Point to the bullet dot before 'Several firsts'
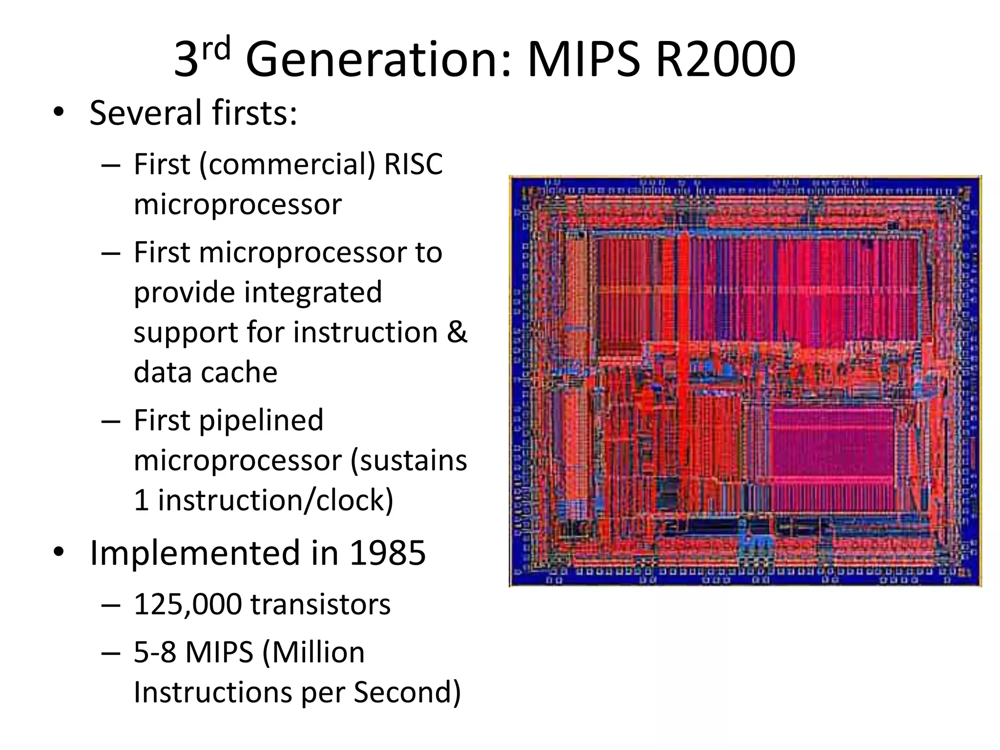coord(59,113)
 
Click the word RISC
coord(413,164)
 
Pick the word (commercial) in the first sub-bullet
coord(287,165)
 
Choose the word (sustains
coord(408,461)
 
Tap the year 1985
coord(387,553)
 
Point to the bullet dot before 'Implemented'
coord(59,553)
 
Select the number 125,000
coord(187,604)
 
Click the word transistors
coord(320,604)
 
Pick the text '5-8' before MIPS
coord(154,652)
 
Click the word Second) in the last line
coord(407,692)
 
